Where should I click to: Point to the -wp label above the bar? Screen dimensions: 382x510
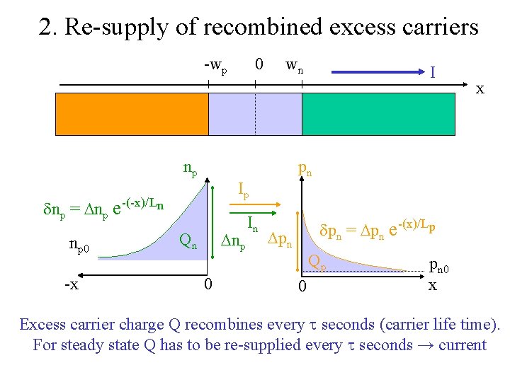click(215, 66)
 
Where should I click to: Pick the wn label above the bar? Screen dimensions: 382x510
click(295, 66)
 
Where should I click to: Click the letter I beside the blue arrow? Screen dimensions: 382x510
click(432, 71)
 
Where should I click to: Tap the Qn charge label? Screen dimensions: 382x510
click(187, 243)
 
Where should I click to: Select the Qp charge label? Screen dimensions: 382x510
click(317, 263)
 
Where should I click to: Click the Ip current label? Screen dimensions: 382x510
click(243, 190)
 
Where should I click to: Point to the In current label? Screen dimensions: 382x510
click(252, 224)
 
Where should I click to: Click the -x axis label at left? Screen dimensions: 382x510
click(71, 284)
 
